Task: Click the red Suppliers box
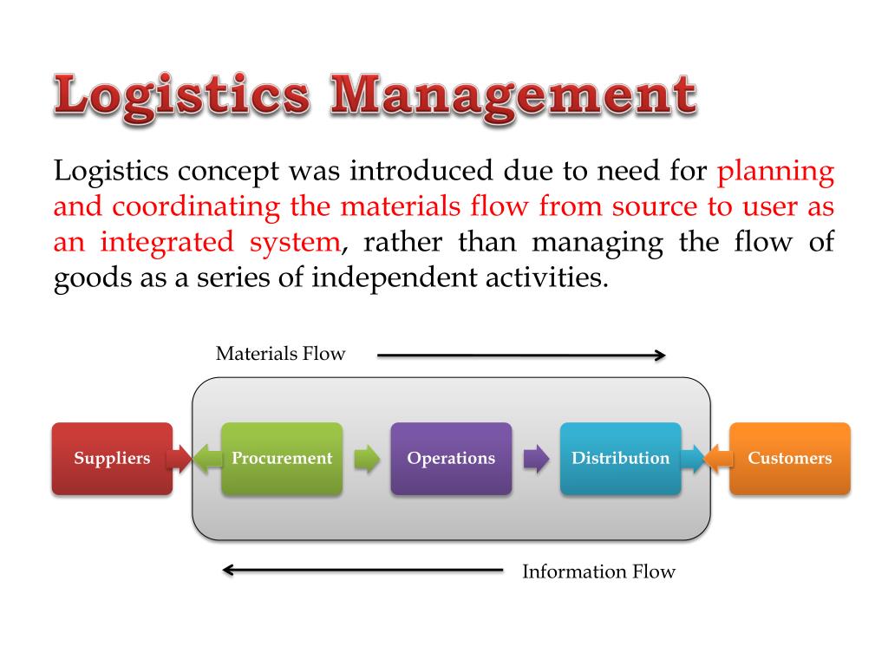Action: click(x=112, y=459)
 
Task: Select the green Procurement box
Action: click(x=282, y=459)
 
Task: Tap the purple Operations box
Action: click(x=451, y=459)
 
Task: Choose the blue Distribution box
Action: click(x=620, y=459)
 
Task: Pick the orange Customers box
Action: click(x=789, y=459)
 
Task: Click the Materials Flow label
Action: click(x=280, y=354)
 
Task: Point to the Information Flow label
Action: click(x=598, y=571)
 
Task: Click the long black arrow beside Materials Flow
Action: click(x=520, y=355)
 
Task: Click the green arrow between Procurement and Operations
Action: click(x=368, y=459)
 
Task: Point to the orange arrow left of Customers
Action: click(x=718, y=459)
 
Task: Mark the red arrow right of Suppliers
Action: click(x=179, y=459)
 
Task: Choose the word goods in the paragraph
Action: click(x=87, y=279)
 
